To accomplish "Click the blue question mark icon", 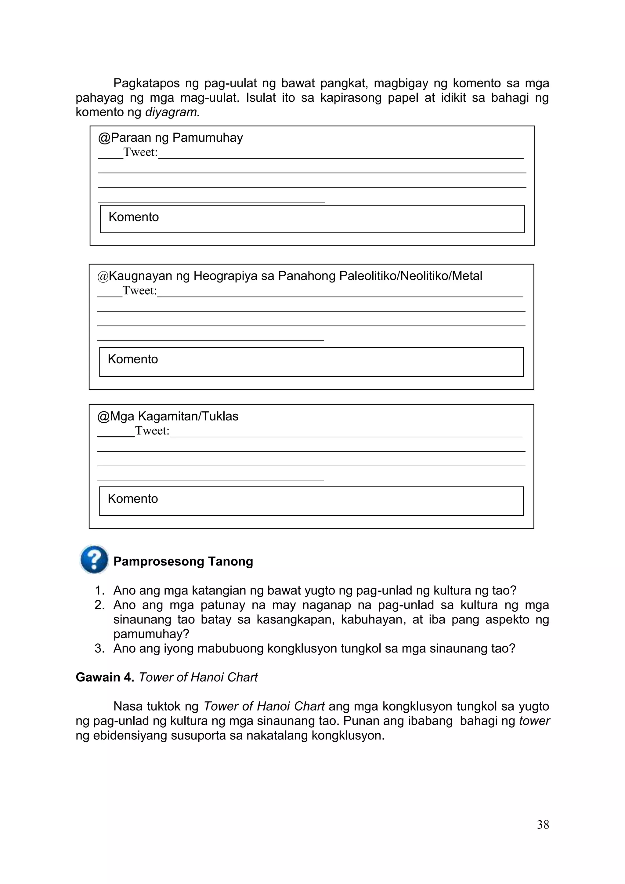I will [94, 559].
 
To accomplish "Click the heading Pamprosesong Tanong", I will [183, 561].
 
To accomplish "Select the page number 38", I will [543, 824].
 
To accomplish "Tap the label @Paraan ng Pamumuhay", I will [171, 137].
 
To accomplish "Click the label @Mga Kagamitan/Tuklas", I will [168, 416].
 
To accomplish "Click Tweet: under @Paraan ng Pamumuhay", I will [140, 152].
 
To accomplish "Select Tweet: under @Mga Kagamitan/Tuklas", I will [152, 431].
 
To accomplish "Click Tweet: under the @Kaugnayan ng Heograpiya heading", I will [140, 290].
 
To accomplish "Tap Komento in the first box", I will [134, 217].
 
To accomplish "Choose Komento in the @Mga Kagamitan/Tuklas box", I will [133, 499].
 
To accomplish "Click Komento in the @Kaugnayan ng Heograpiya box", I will [133, 359].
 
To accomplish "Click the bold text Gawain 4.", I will [105, 677].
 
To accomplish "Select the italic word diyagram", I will [172, 112].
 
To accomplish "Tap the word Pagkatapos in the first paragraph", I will [146, 83].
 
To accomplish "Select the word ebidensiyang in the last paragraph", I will [130, 735].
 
